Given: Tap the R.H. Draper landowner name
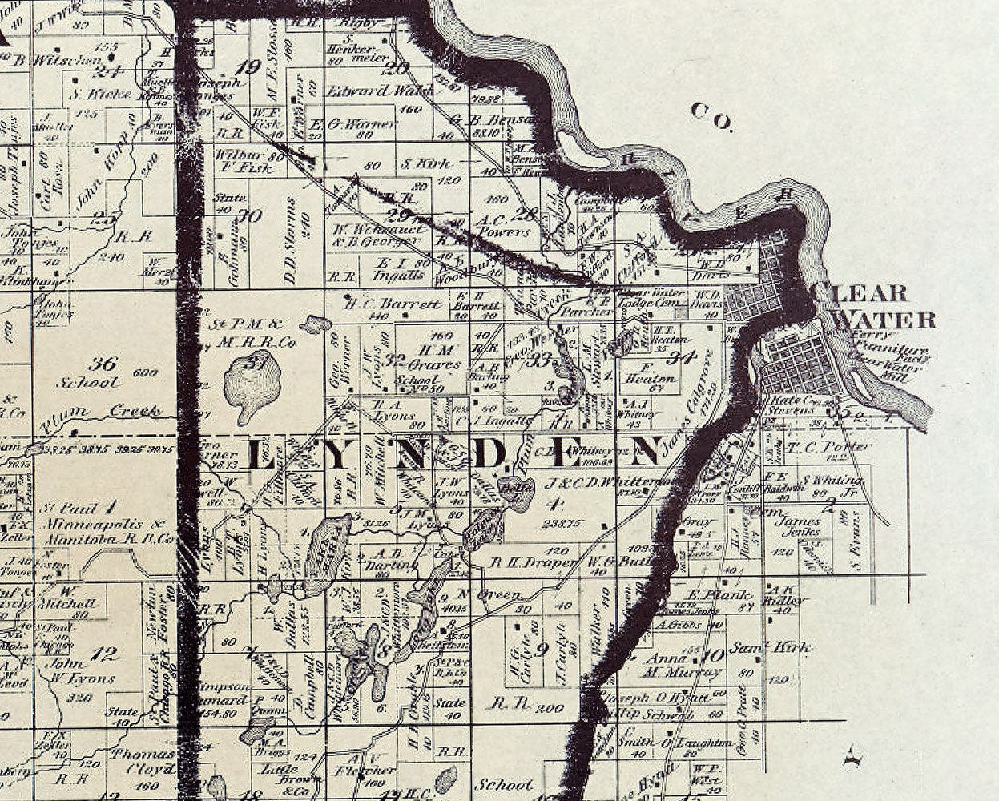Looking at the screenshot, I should [532, 562].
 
